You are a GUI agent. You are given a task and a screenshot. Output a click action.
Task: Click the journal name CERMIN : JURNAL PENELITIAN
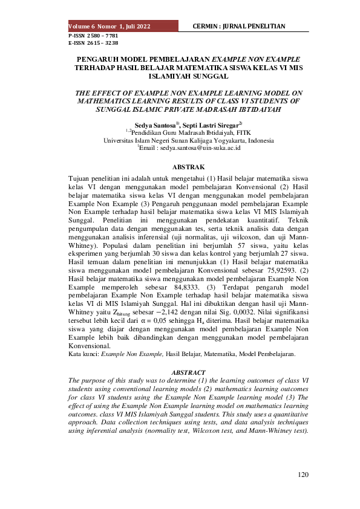[x=238, y=27]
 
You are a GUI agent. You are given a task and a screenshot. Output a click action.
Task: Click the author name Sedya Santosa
[x=154, y=123]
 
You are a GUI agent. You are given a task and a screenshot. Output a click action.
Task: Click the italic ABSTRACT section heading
[x=189, y=372]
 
